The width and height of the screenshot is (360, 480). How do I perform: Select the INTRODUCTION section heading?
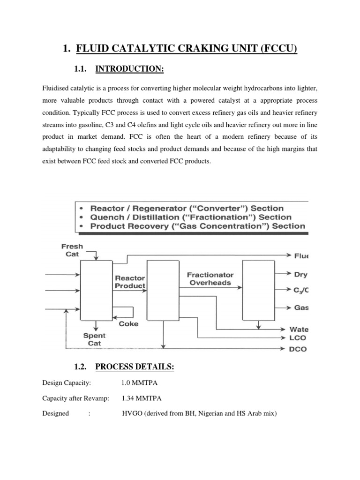pyautogui.click(x=129, y=69)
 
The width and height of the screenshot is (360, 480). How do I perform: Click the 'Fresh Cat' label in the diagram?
pyautogui.click(x=72, y=250)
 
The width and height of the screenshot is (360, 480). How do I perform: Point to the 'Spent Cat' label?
pyautogui.click(x=94, y=339)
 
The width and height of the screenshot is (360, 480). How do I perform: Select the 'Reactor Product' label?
pyautogui.click(x=130, y=282)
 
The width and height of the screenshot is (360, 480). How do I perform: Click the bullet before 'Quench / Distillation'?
pyautogui.click(x=82, y=217)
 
